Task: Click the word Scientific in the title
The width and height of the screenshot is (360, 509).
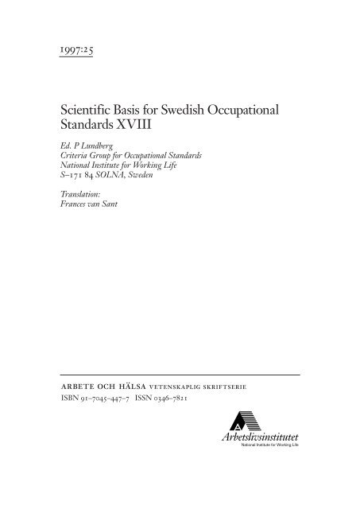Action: [88, 109]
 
